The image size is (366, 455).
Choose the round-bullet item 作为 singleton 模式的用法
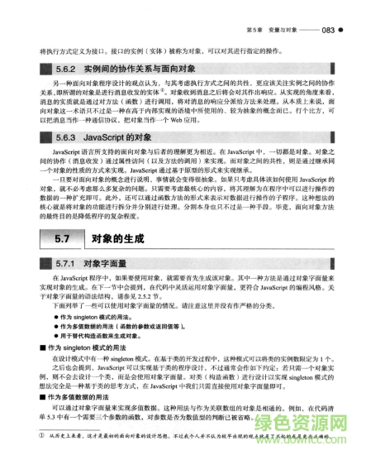(98, 317)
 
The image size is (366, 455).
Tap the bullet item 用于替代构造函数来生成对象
(108, 337)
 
